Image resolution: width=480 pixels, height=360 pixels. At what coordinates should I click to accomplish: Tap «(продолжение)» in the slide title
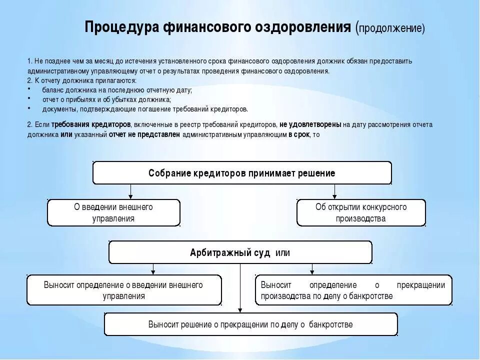[x=390, y=27]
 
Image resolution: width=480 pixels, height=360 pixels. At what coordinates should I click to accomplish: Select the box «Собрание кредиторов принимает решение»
[x=242, y=173]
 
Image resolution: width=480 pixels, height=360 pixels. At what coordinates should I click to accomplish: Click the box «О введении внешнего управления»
[x=113, y=212]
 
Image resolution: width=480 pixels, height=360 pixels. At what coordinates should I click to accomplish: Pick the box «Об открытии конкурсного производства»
[x=361, y=212]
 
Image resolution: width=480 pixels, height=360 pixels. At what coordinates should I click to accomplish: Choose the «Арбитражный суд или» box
[x=240, y=252]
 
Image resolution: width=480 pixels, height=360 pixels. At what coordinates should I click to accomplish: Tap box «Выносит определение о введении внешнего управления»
[x=123, y=290]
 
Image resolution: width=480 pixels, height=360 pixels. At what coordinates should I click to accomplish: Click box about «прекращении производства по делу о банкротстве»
[x=353, y=290]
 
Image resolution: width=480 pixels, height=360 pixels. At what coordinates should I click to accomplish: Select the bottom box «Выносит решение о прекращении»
[x=250, y=324]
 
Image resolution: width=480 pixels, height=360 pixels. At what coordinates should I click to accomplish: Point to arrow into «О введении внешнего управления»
[x=130, y=191]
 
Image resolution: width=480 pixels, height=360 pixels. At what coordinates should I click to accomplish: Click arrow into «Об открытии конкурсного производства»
[x=335, y=191]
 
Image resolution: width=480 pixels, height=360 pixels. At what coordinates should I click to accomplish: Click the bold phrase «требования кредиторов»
[x=91, y=124]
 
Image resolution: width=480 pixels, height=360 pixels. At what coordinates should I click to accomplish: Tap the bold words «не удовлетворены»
[x=310, y=124]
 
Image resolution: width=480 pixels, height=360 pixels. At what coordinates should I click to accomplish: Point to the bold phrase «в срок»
[x=298, y=134]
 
